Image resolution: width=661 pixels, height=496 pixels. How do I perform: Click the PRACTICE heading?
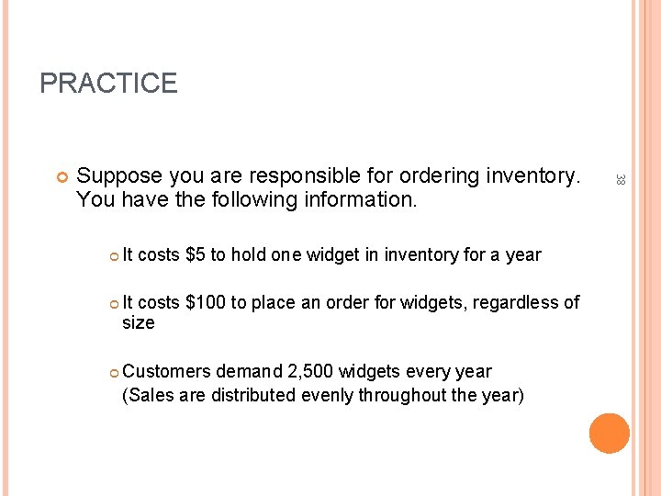[108, 84]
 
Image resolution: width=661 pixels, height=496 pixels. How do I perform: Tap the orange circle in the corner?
[610, 434]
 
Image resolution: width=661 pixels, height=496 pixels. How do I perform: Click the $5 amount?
[195, 254]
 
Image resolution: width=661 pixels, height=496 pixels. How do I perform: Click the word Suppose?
[120, 175]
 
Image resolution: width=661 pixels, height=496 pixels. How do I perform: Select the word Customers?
[166, 372]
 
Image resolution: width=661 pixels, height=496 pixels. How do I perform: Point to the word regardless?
[511, 302]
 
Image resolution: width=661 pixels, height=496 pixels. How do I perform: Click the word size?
[139, 323]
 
